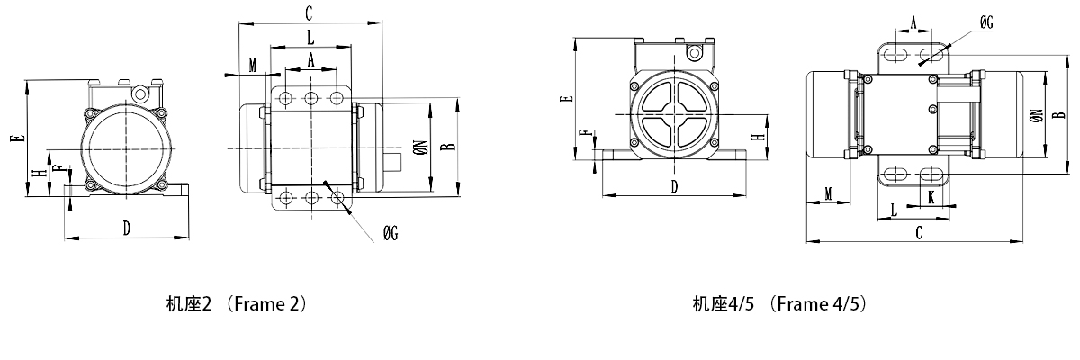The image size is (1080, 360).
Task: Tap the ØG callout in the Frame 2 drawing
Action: [390, 233]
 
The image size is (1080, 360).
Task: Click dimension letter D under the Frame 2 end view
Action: [127, 228]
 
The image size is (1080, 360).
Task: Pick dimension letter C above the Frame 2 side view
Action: [309, 13]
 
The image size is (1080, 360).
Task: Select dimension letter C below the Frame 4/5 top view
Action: [919, 232]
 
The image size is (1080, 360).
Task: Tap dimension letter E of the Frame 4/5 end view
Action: [564, 99]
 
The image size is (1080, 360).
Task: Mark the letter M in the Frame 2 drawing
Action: [253, 65]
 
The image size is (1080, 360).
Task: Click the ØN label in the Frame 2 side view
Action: [419, 148]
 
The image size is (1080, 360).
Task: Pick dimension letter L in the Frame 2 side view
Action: [310, 38]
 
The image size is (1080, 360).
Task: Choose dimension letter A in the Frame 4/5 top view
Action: [913, 23]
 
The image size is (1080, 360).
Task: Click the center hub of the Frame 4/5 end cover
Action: [674, 114]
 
